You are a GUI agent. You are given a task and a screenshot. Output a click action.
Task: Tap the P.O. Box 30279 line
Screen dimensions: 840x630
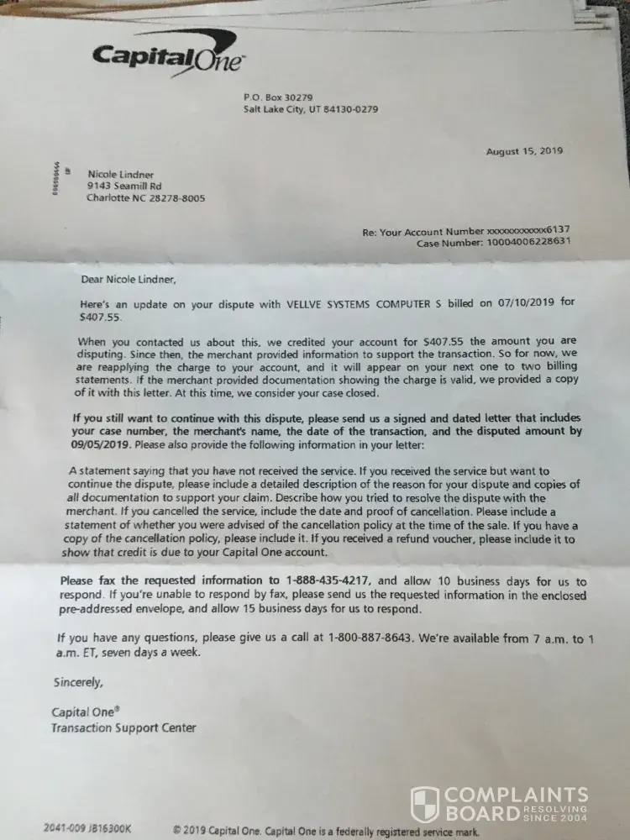(x=277, y=97)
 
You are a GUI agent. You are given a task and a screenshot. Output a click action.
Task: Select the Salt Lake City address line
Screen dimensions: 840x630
(x=311, y=109)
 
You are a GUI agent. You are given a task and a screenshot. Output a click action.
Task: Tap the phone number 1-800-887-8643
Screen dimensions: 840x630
(x=370, y=638)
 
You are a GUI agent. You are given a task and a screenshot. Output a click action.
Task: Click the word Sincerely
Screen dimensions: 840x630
(x=78, y=682)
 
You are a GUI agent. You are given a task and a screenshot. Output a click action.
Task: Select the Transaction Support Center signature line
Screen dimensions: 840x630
(x=123, y=727)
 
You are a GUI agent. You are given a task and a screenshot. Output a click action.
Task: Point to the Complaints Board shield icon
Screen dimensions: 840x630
(x=425, y=804)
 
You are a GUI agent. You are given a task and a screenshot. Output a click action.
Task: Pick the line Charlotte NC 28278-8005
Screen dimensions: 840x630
(x=145, y=199)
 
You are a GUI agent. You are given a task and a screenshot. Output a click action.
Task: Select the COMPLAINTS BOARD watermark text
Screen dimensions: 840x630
(x=516, y=804)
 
